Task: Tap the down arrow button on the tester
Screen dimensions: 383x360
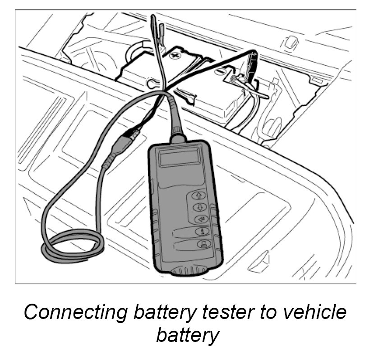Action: (x=199, y=207)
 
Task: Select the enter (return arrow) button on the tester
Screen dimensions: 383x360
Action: (x=200, y=219)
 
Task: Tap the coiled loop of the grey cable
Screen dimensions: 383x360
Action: (x=72, y=246)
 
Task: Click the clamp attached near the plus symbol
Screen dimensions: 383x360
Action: (x=156, y=34)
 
